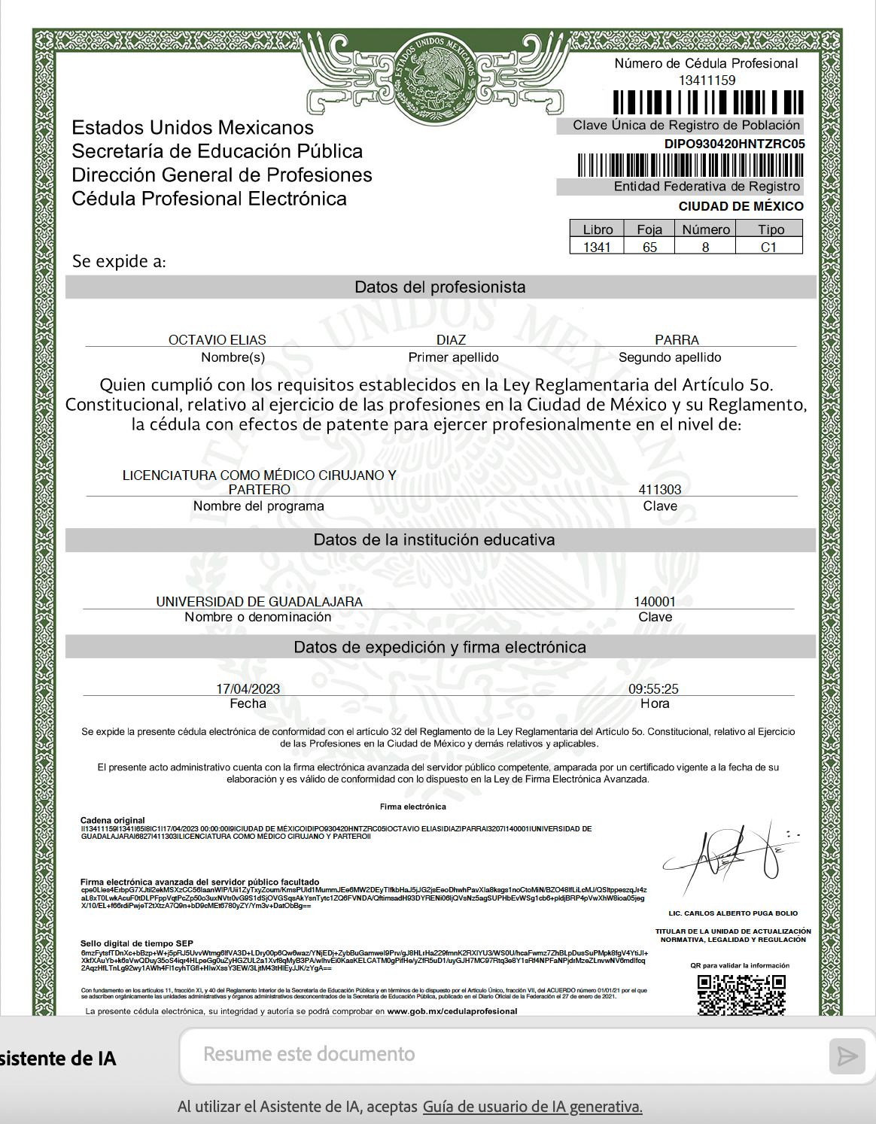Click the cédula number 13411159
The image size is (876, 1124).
tap(707, 80)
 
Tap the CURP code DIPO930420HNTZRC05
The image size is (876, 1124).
tap(735, 144)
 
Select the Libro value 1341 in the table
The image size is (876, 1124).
tap(597, 247)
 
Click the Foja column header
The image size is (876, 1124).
tap(649, 229)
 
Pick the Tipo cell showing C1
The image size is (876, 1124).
tap(768, 247)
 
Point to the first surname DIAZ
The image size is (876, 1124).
tap(451, 340)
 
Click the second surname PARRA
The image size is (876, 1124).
tap(677, 340)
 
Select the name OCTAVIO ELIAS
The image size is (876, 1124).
tap(217, 340)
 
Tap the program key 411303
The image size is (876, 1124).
tap(659, 489)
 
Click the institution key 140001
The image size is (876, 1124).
tap(655, 602)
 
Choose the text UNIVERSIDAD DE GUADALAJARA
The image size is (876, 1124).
tap(259, 602)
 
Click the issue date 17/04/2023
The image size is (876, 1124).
tap(248, 688)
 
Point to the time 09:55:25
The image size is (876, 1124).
tap(653, 688)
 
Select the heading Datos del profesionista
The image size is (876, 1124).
tap(440, 287)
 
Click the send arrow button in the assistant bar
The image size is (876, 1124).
tap(847, 1056)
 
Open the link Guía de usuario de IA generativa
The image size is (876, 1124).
tap(532, 1106)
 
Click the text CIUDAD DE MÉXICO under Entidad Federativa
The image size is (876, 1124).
tap(741, 206)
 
